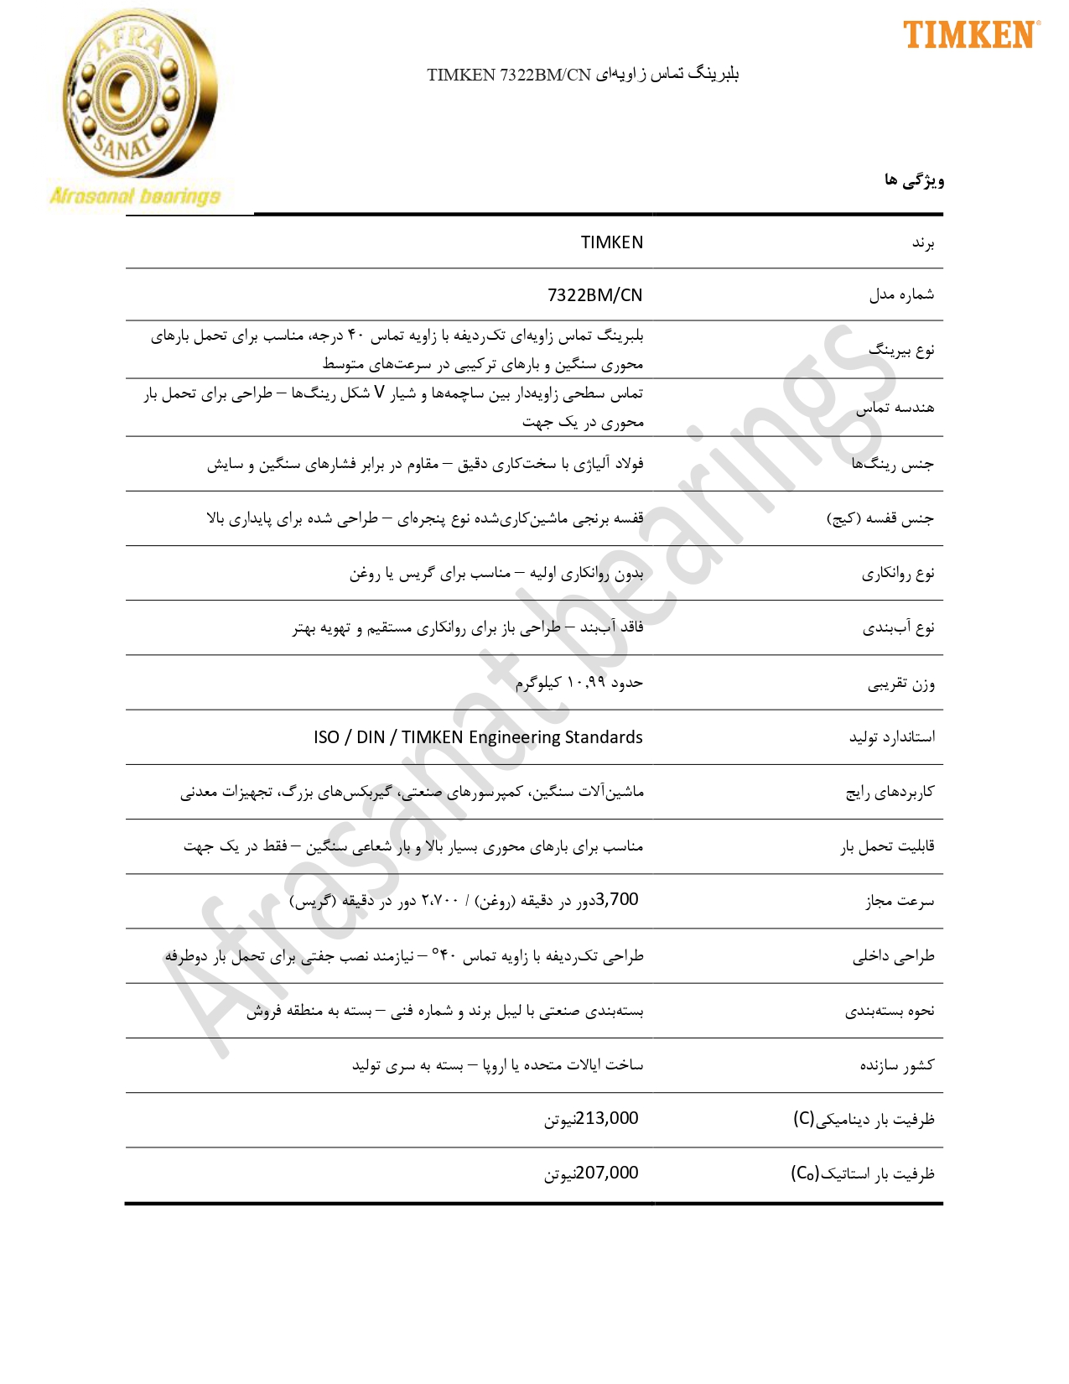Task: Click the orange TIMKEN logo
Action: coord(971,34)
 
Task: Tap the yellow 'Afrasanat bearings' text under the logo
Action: coord(135,196)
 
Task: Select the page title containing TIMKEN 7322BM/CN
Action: coord(583,75)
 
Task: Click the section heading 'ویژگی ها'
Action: coord(914,180)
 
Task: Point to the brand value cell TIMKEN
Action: coord(612,242)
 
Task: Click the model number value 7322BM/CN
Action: coord(594,295)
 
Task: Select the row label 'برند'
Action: coord(923,243)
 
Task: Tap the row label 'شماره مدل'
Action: coord(901,294)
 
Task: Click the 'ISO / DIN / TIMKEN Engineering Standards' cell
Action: coord(478,737)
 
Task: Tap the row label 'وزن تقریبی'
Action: coord(900,684)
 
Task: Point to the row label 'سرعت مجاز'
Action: coord(900,902)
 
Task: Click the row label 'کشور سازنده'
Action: coord(896,1065)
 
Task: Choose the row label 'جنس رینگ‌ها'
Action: coord(892,464)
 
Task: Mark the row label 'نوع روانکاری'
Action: coord(898,574)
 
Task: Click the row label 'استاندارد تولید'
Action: coord(891,737)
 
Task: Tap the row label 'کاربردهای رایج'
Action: coord(890,792)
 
